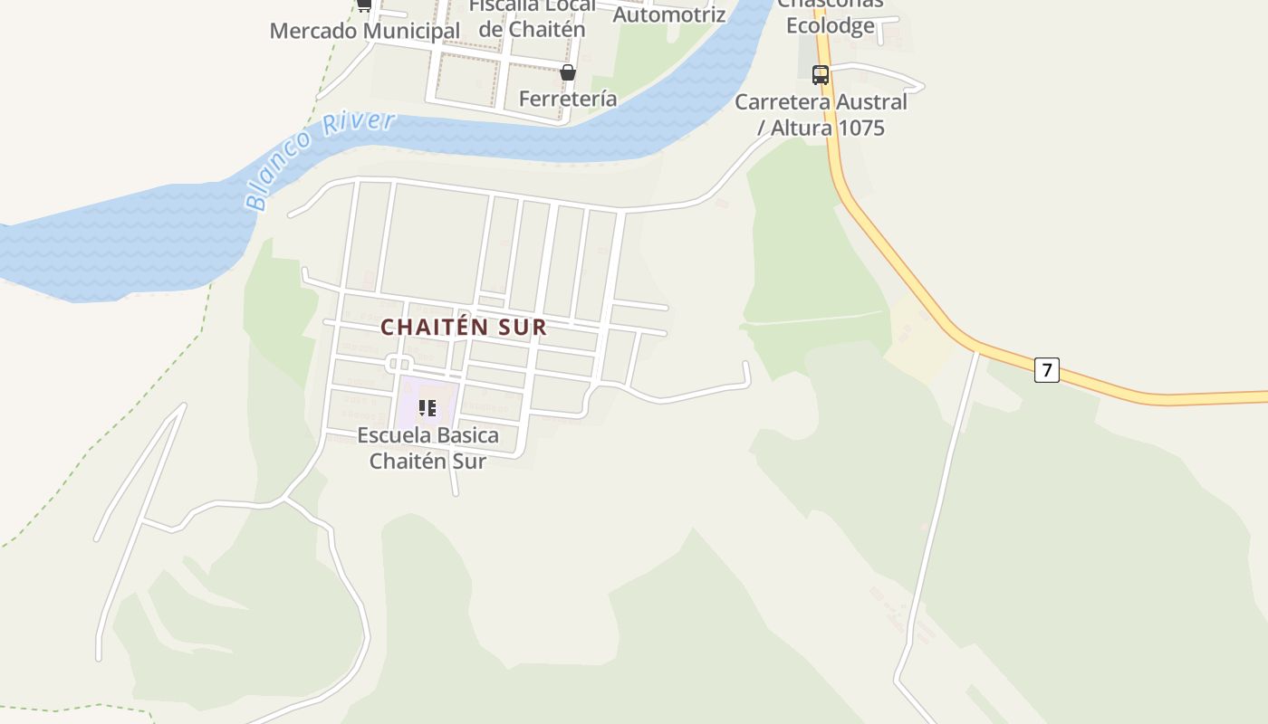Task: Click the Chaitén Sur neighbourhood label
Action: pyautogui.click(x=464, y=327)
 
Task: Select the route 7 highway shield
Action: pyautogui.click(x=1046, y=369)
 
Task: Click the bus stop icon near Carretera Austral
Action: pyautogui.click(x=821, y=75)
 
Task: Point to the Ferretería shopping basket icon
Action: pyautogui.click(x=568, y=72)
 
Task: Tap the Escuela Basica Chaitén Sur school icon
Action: pyautogui.click(x=427, y=408)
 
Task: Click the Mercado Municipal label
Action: pyautogui.click(x=365, y=31)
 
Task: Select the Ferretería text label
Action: pyautogui.click(x=568, y=99)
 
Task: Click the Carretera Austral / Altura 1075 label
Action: pyautogui.click(x=821, y=115)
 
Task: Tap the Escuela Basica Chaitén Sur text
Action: pyautogui.click(x=427, y=448)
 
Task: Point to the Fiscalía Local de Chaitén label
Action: pyautogui.click(x=533, y=18)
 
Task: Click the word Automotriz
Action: pyautogui.click(x=669, y=14)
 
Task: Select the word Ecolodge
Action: pyautogui.click(x=831, y=25)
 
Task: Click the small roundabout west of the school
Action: pyautogui.click(x=399, y=364)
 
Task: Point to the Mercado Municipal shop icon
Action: pyautogui.click(x=364, y=5)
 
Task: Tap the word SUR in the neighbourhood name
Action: pyautogui.click(x=519, y=327)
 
